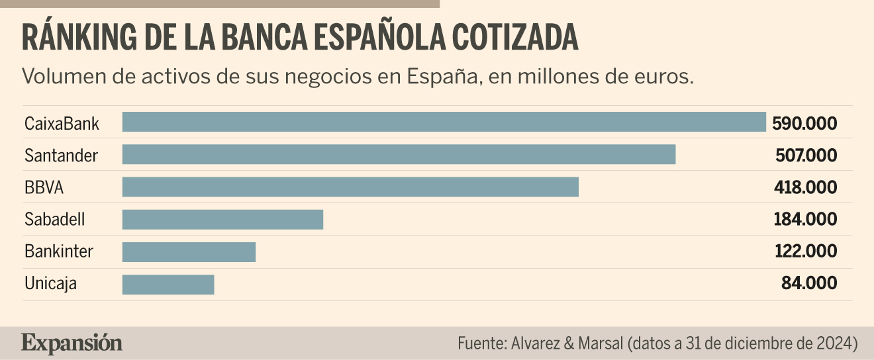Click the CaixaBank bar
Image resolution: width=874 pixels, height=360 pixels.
click(444, 122)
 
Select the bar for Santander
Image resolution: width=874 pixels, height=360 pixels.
click(399, 154)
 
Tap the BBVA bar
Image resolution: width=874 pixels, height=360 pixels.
click(350, 187)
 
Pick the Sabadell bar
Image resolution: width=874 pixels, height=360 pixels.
click(222, 220)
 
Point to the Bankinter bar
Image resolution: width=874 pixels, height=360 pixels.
click(189, 252)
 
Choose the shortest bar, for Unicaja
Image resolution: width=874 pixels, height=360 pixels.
click(168, 285)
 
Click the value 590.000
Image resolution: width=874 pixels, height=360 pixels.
click(804, 124)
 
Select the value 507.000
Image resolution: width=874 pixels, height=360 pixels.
click(806, 156)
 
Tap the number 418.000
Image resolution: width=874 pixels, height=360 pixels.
click(806, 187)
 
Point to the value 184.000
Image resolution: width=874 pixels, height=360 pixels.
click(805, 219)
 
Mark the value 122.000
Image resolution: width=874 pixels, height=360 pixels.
click(806, 251)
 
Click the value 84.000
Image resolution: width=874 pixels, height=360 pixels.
click(809, 283)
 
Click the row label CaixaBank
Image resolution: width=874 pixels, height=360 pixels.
click(62, 124)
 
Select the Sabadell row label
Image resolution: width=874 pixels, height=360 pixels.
click(54, 219)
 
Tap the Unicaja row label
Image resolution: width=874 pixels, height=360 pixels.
click(50, 284)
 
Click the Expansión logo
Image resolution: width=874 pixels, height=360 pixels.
click(72, 343)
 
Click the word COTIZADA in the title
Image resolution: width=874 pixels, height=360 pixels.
click(515, 38)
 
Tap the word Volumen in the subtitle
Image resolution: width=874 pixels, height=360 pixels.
click(64, 76)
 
